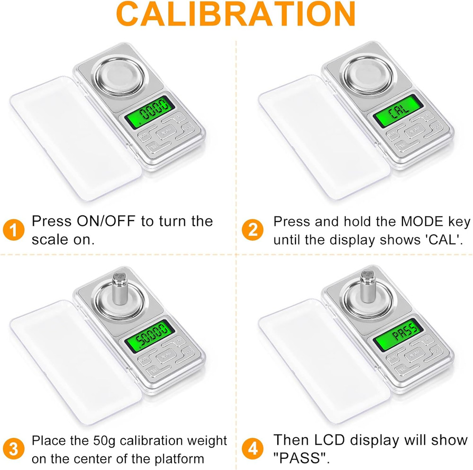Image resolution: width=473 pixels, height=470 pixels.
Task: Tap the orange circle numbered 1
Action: (15, 230)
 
